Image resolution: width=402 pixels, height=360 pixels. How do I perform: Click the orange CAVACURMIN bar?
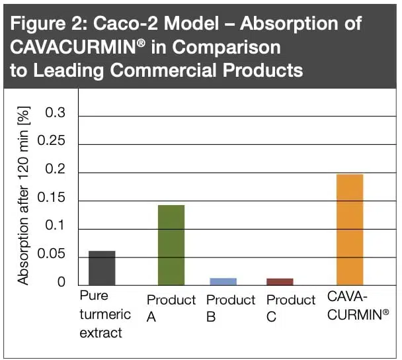point(350,229)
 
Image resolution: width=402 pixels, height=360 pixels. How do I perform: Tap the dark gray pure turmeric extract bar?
point(102,267)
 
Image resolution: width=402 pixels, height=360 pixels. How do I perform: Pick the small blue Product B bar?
point(223,281)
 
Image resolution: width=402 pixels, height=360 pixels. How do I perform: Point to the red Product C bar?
point(280,281)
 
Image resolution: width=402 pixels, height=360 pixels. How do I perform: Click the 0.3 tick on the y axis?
point(56,114)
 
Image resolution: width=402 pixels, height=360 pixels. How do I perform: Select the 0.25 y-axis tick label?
point(52,142)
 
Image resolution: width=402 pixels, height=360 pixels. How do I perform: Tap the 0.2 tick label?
point(56,171)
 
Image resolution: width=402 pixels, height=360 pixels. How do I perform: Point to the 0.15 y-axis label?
point(52,199)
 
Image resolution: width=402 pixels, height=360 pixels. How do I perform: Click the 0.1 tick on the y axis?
point(56,227)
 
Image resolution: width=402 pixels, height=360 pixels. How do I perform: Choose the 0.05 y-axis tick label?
point(52,255)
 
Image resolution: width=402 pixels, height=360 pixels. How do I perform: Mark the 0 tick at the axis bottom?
point(61,283)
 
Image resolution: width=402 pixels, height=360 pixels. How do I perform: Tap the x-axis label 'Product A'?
point(171,308)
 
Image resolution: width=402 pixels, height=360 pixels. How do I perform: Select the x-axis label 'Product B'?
point(230,308)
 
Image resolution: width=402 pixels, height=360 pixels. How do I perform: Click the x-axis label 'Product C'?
point(291,308)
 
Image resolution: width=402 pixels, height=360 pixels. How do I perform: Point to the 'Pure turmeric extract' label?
point(105,314)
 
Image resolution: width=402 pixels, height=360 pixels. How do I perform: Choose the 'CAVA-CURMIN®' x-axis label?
point(358,305)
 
